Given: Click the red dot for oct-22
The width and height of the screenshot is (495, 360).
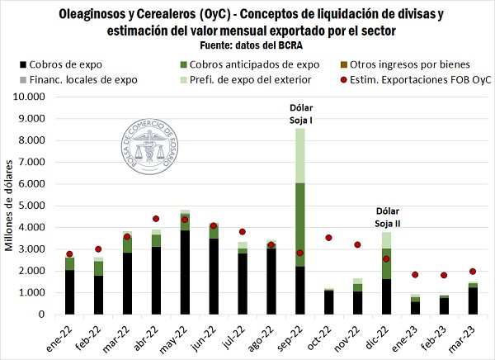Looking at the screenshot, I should pos(329,238).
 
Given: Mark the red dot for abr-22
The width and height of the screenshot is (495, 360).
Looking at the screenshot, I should pos(155,219).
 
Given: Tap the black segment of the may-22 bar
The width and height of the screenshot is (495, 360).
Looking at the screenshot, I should pos(185,272).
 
